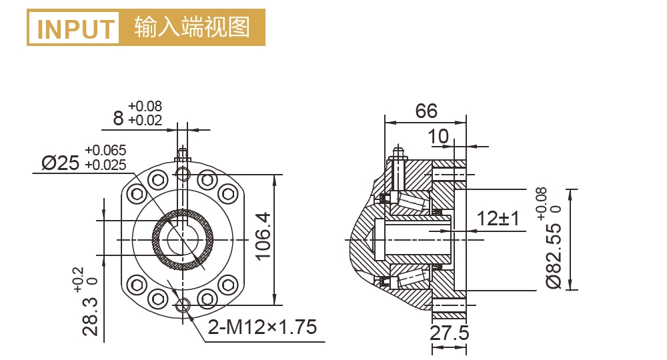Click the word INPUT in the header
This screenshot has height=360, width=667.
click(76, 29)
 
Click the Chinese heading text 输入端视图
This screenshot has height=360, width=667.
click(191, 27)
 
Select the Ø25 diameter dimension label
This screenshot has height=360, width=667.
click(60, 162)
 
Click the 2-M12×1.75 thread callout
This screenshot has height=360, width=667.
click(261, 327)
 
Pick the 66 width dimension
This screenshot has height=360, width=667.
click(426, 111)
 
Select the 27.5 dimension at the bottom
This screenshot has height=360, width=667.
click(449, 333)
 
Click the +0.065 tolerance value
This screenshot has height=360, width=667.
click(105, 150)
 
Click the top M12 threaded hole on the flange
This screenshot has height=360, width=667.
click(183, 174)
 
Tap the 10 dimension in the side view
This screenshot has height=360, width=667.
click(438, 136)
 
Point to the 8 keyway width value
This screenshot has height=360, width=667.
click(119, 119)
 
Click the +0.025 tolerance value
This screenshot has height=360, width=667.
click(105, 163)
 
